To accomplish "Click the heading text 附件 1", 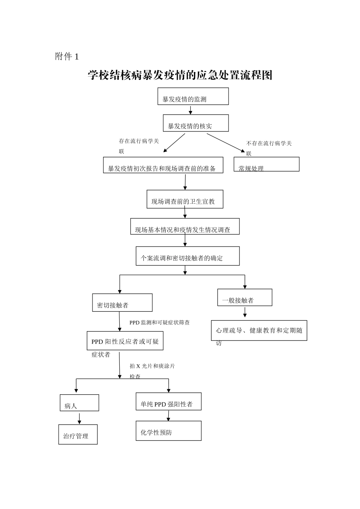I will [x=67, y=57].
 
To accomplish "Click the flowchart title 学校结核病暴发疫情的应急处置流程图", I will [x=180, y=75].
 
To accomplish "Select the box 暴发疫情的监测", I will [x=193, y=97].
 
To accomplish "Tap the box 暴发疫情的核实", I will [x=196, y=123].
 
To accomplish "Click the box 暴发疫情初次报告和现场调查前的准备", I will [x=163, y=166].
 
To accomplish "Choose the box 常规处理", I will [x=266, y=164].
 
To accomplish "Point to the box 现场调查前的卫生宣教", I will [x=185, y=199].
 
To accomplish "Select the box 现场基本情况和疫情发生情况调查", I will [x=185, y=226].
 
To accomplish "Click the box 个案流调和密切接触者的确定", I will [x=188, y=256].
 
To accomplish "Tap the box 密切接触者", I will [x=122, y=303].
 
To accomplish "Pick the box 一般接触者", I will [x=245, y=298].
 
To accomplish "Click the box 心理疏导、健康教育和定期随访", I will [x=259, y=331].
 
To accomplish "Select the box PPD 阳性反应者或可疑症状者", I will [x=125, y=341].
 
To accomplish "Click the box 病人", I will [x=79, y=403].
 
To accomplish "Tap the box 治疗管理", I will [x=78, y=434].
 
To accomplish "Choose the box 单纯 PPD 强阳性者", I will [x=169, y=401].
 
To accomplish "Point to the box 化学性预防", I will [x=169, y=431].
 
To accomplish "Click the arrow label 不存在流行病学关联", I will [x=269, y=148].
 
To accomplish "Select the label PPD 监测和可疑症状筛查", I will [x=160, y=323].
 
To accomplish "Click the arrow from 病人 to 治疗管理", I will [x=80, y=418].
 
